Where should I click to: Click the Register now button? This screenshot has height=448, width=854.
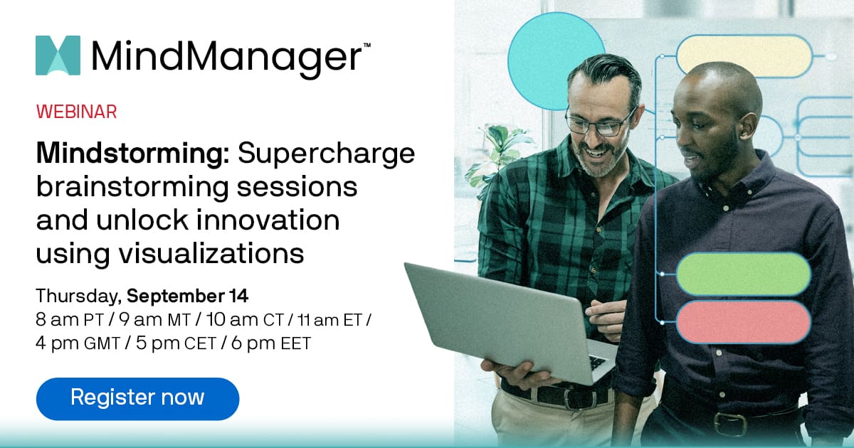click(137, 397)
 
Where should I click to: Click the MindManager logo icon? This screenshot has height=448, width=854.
click(58, 55)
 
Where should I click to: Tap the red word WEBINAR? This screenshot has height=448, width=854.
click(76, 112)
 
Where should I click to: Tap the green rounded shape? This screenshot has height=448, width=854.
click(743, 274)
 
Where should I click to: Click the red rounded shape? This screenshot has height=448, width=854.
click(743, 321)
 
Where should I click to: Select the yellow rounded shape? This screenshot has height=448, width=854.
click(743, 55)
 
